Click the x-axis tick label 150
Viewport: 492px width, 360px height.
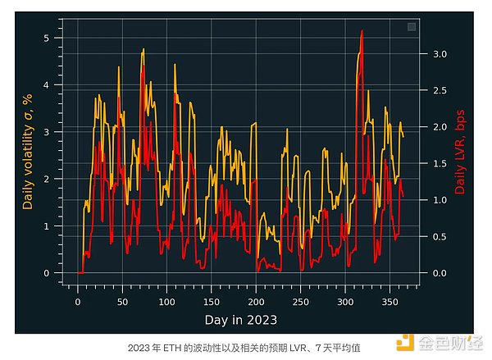(x=212, y=301)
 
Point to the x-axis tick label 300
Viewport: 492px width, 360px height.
(x=345, y=301)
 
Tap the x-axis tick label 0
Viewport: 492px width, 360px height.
(x=78, y=301)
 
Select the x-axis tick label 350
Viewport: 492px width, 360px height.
(x=389, y=301)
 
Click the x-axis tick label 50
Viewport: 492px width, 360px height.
(x=122, y=301)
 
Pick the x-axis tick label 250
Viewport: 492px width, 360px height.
(x=301, y=301)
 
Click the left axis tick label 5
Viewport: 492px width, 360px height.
(x=47, y=38)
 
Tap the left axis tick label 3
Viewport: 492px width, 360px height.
(x=47, y=132)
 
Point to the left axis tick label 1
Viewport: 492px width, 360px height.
(x=47, y=226)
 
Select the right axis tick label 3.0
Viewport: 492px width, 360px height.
(x=440, y=54)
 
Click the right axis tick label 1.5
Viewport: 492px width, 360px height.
(x=440, y=163)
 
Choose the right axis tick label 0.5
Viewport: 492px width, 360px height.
(x=440, y=236)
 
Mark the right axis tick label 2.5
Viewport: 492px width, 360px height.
(x=440, y=90)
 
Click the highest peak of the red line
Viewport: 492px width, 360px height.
(x=362, y=31)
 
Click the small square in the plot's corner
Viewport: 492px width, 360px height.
(x=412, y=27)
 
